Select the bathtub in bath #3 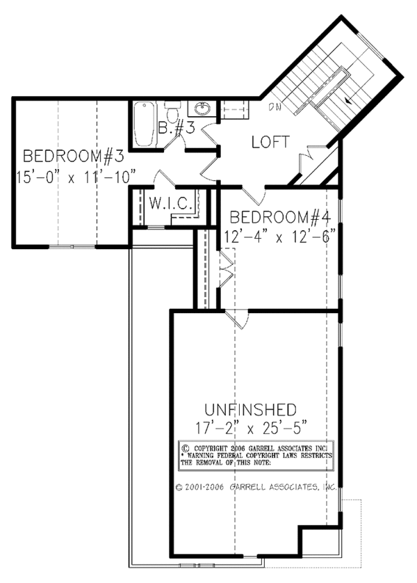[145, 123]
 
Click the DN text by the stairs [276, 107]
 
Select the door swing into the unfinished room [236, 319]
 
